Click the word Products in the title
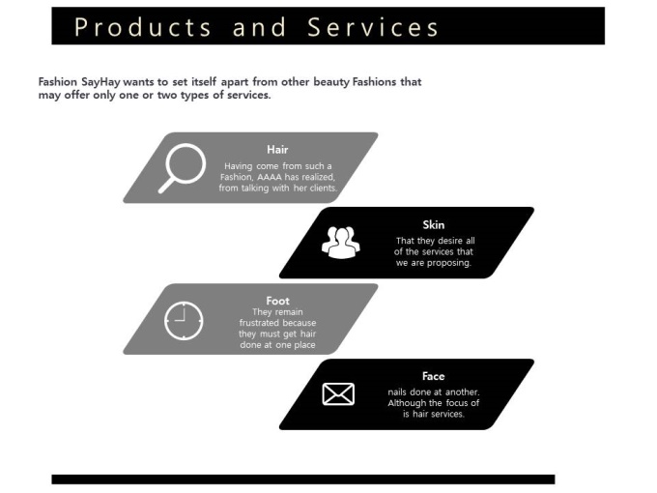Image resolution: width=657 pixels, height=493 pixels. pos(143,27)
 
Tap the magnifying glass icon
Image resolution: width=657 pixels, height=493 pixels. pos(182,166)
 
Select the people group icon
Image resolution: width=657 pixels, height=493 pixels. pos(340,242)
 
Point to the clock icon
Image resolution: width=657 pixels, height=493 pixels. pos(184,320)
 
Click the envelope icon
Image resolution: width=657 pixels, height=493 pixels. pos(338,393)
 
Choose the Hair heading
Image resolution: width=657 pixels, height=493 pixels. pos(277,150)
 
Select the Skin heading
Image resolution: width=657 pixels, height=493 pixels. pos(434,225)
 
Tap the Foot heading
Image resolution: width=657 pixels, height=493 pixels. pos(277,301)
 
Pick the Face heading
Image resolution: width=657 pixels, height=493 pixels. pos(434,376)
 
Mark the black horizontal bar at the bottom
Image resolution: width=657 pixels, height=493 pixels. pos(302,478)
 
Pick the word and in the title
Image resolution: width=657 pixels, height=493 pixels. pos(260,27)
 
